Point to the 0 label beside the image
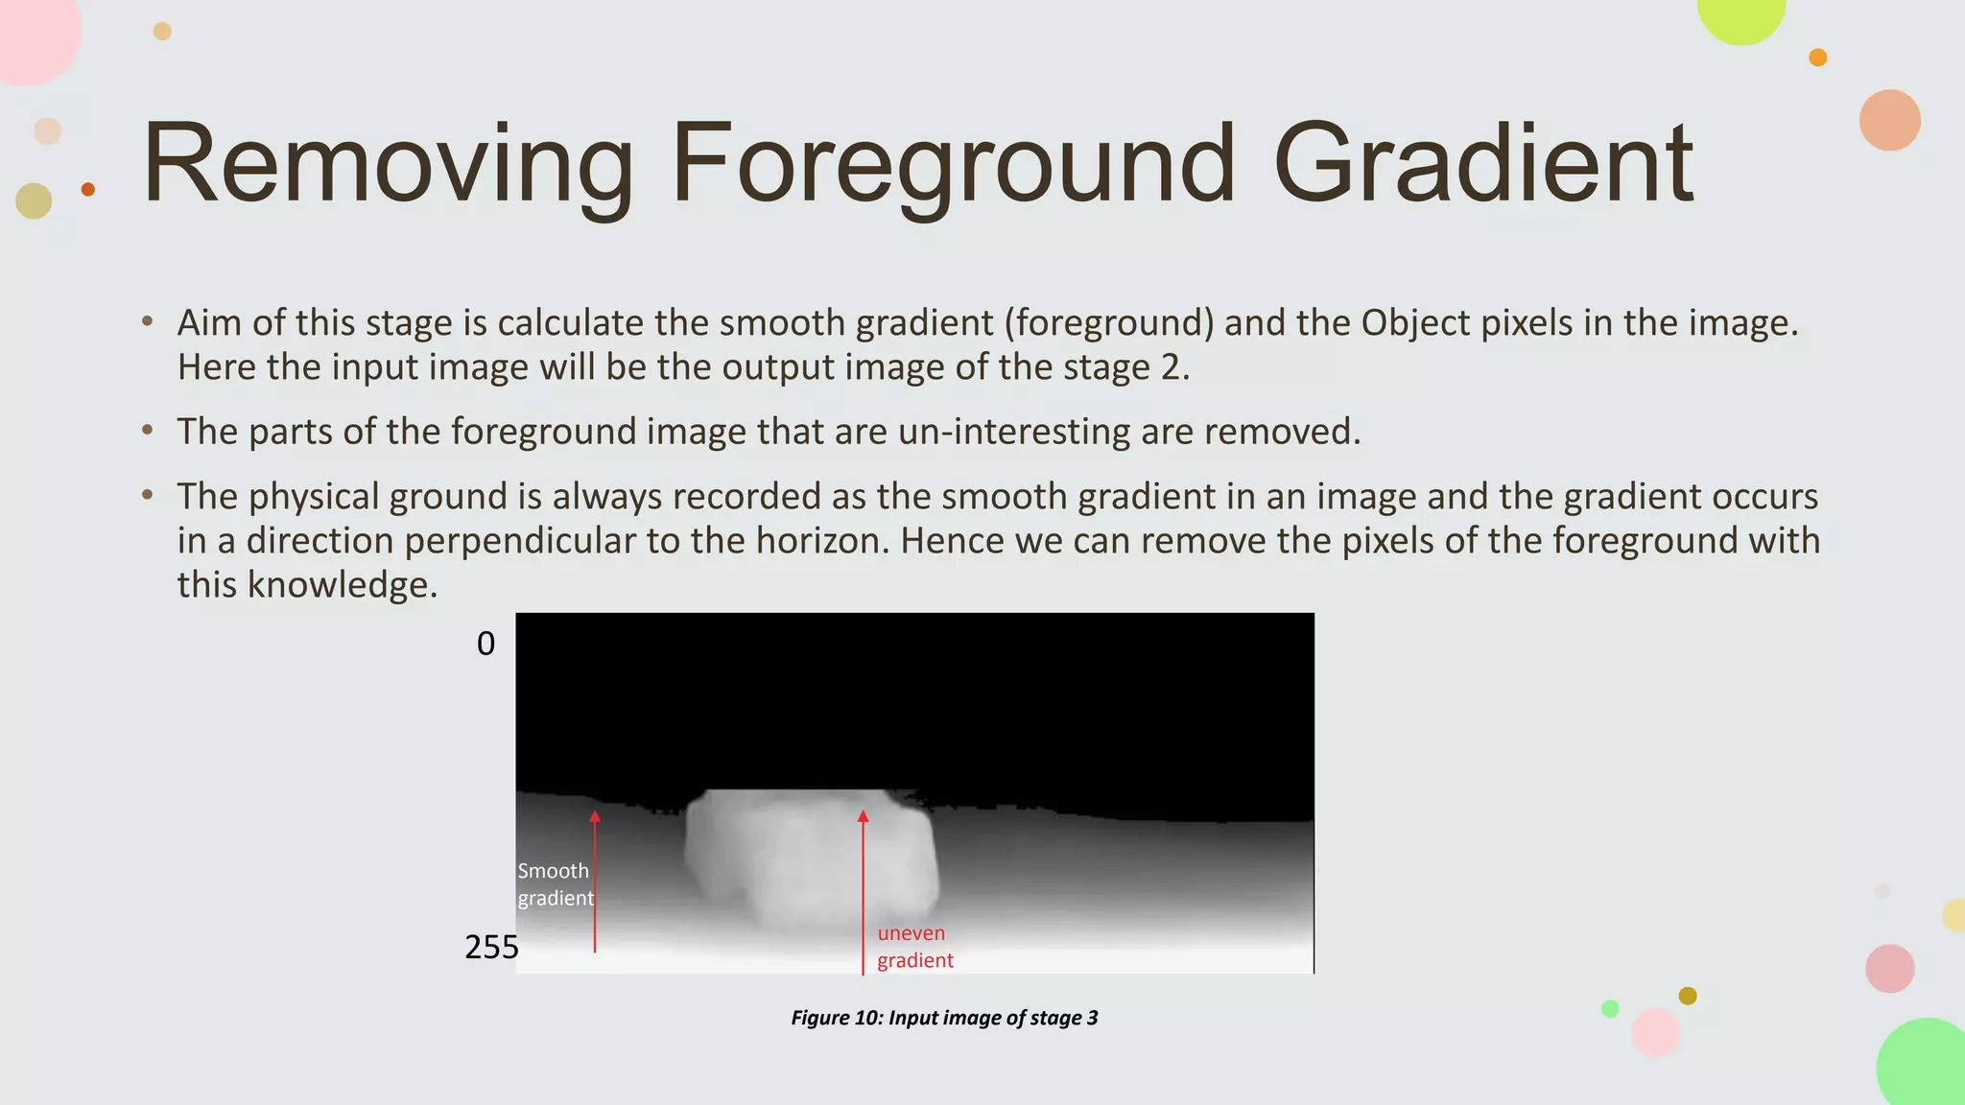485,644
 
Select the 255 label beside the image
491,948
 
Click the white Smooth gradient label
555,884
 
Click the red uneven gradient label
913,947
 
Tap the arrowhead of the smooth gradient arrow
595,817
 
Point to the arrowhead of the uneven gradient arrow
863,817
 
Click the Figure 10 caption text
944,1018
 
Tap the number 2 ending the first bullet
1170,368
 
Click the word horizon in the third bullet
822,541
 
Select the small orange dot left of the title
88,189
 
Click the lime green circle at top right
1741,12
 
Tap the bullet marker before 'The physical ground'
147,496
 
